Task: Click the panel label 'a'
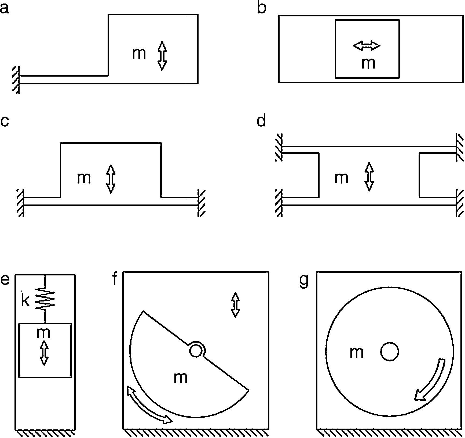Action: point(4,8)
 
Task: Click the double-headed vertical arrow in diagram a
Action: point(162,56)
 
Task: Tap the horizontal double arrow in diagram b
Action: point(367,46)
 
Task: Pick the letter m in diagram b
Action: point(368,63)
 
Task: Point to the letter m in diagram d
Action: point(341,178)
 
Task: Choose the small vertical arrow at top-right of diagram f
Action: point(236,305)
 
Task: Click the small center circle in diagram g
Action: point(390,351)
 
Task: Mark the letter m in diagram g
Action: point(357,353)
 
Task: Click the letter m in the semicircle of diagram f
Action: point(181,378)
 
